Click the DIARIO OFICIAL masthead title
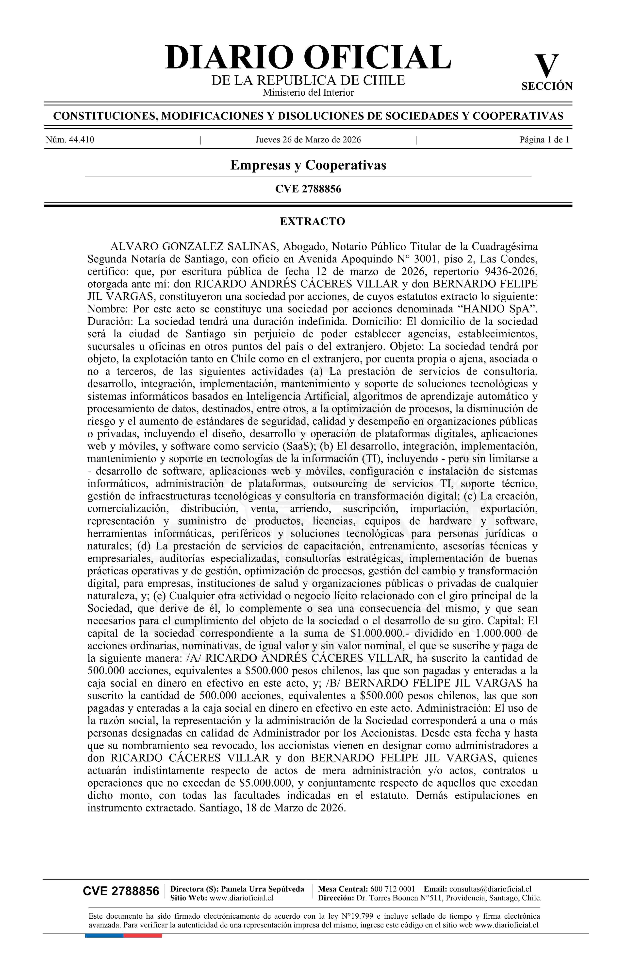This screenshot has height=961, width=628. pos(308,57)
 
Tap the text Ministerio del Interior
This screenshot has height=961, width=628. pos(308,92)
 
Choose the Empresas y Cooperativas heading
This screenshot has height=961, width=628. pos(308,165)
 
